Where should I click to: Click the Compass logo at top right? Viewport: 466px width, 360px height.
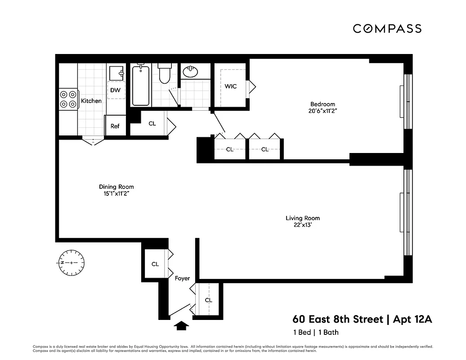point(387,29)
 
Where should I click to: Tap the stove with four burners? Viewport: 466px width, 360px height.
point(67,99)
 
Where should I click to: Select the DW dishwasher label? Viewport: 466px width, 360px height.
point(115,90)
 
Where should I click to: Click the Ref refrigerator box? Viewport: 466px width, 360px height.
point(115,126)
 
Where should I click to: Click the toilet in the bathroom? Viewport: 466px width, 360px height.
point(165,75)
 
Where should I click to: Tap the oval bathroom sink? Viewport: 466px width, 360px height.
point(190,72)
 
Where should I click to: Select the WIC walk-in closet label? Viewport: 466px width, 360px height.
point(231,86)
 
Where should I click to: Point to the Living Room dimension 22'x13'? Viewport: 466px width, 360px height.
point(303,225)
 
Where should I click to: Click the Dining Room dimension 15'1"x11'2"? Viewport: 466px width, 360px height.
point(116,194)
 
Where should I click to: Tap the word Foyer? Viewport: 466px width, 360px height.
point(182,279)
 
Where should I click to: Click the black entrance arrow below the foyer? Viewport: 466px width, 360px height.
point(181,326)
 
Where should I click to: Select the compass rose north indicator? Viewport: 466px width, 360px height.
point(72,262)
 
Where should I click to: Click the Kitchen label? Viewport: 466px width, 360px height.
point(91,101)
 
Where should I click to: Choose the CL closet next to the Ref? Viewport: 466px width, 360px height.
point(152,123)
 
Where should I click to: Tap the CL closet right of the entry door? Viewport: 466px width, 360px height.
point(208,300)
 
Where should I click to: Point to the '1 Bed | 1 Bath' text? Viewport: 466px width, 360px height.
point(315,333)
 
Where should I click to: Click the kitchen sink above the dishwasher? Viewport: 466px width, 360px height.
point(116,72)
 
